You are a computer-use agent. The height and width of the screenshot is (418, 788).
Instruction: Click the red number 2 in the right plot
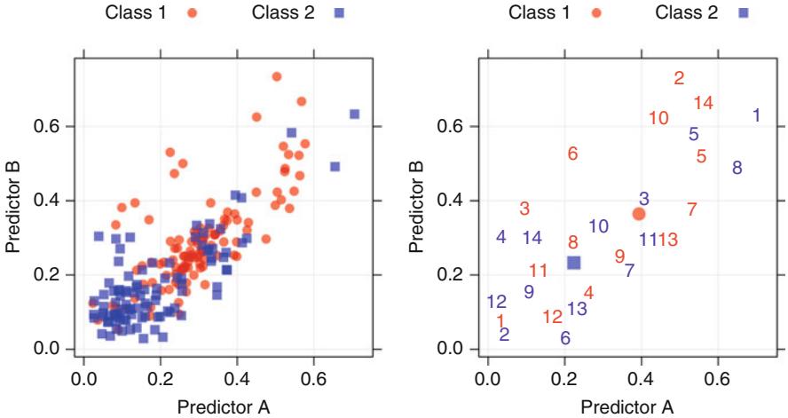679,78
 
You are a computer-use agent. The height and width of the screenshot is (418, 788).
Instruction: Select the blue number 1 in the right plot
756,115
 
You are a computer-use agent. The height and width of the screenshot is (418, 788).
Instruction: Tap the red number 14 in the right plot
703,103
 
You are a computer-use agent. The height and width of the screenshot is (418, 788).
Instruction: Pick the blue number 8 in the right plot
737,168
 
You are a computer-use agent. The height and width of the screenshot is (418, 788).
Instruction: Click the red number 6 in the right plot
572,154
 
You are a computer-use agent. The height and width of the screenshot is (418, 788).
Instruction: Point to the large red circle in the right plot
638,214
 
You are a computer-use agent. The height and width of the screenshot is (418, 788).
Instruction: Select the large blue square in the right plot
573,263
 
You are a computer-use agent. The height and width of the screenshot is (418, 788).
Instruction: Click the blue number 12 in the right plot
497,302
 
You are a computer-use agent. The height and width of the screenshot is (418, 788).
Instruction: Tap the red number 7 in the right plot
691,209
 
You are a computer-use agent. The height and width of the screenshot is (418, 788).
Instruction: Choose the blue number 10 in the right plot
598,226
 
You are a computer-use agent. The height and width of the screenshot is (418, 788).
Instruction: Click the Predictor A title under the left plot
223,406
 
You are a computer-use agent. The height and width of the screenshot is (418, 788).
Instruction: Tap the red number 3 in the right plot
524,209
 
